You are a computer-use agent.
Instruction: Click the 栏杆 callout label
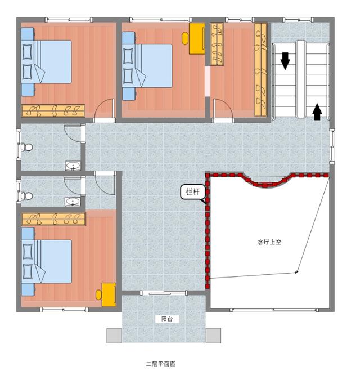(x=192, y=192)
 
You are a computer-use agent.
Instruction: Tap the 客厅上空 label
(x=269, y=242)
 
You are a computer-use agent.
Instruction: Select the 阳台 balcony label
(x=167, y=319)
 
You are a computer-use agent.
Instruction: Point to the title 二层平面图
(x=161, y=364)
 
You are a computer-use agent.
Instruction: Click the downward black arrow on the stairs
(x=285, y=61)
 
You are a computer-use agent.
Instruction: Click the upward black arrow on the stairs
(x=317, y=112)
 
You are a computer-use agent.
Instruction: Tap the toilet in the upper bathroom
(x=26, y=147)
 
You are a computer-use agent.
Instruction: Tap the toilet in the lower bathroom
(x=26, y=196)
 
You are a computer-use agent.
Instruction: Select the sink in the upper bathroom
(x=73, y=166)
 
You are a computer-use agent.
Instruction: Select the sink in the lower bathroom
(x=73, y=202)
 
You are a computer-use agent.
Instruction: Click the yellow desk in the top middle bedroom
(x=197, y=38)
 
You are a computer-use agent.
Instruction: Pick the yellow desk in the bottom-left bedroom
(x=109, y=294)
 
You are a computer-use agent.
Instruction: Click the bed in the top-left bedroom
(x=46, y=62)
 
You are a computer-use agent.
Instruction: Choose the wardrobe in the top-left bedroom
(x=53, y=111)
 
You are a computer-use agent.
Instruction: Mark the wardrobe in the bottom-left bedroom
(x=53, y=219)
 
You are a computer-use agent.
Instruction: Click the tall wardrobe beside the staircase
(x=260, y=70)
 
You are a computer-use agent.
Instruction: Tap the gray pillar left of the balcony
(x=114, y=336)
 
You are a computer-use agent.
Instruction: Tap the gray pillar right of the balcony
(x=213, y=336)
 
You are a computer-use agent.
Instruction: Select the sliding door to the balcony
(x=164, y=293)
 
